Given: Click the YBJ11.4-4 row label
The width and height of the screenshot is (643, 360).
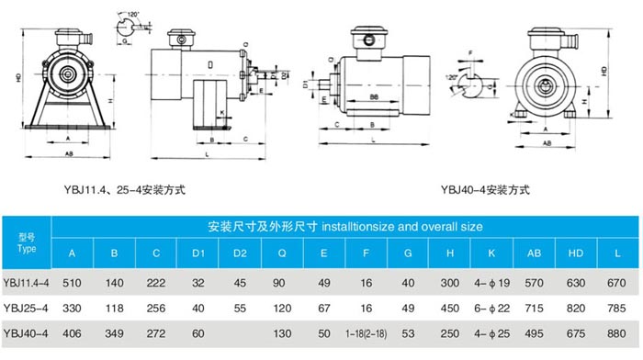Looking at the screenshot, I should point(26,284).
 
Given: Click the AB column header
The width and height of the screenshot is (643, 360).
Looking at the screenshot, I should point(533,253).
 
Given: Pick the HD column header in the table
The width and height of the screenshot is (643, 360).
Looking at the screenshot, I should point(576,253).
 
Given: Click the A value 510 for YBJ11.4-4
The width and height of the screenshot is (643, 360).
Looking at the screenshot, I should point(73,284).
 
